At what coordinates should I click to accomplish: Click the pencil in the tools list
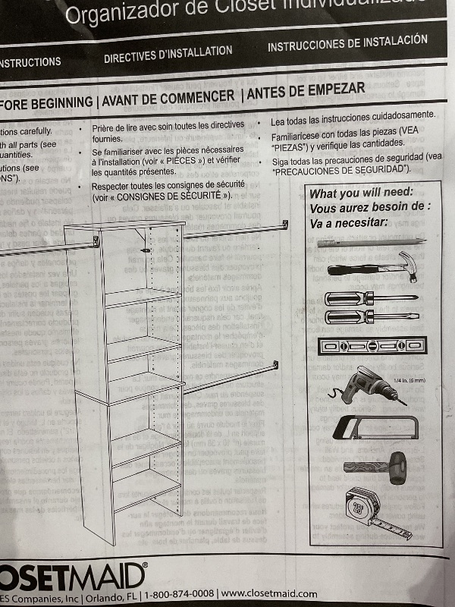tap(371, 243)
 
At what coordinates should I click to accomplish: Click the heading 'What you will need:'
tap(361, 193)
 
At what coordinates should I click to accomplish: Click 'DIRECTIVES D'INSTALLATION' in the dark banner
tap(168, 54)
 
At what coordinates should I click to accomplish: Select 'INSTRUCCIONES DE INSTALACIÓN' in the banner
tap(347, 43)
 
